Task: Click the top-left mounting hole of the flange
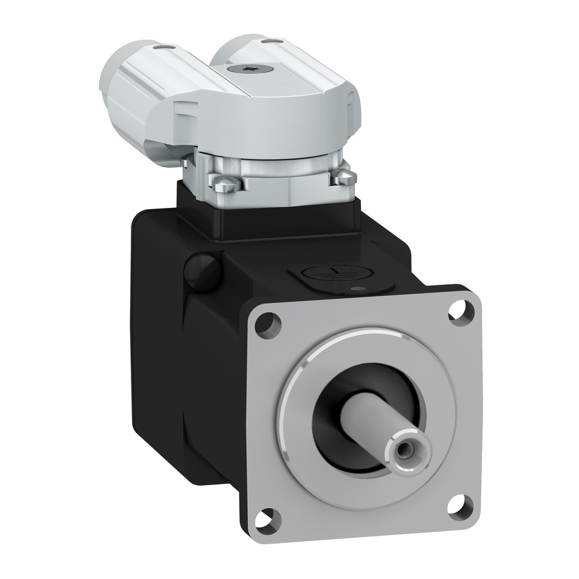coord(267,321)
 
